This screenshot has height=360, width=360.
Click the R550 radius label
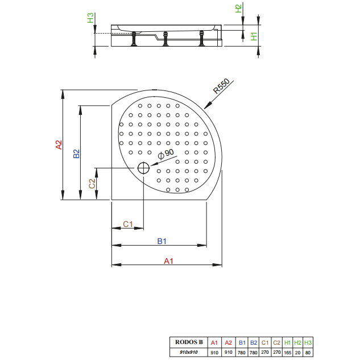(x=221, y=86)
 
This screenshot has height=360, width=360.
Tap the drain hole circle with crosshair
(x=143, y=168)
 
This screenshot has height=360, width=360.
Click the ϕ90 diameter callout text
(x=166, y=154)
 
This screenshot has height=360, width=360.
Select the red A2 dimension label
(x=59, y=145)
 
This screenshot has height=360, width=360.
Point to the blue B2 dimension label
(x=76, y=154)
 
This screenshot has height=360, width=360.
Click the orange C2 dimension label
(x=92, y=184)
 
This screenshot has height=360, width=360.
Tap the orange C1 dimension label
(x=128, y=224)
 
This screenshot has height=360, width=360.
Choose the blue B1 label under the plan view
(x=162, y=241)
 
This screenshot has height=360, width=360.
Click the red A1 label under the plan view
(x=168, y=261)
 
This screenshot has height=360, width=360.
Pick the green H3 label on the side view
(x=90, y=18)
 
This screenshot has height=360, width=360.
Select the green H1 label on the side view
(x=254, y=36)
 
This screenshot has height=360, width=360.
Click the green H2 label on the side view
(x=239, y=9)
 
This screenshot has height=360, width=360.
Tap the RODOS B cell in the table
(x=189, y=342)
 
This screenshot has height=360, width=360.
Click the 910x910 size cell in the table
(x=189, y=352)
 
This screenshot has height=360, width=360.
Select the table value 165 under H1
(x=287, y=353)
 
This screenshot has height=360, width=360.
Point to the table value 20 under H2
(x=297, y=353)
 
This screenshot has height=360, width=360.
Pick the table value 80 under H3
(x=308, y=353)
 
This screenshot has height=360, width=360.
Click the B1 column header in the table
(x=242, y=342)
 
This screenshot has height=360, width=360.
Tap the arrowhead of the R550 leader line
(x=207, y=106)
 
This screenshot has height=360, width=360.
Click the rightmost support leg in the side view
(x=201, y=38)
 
